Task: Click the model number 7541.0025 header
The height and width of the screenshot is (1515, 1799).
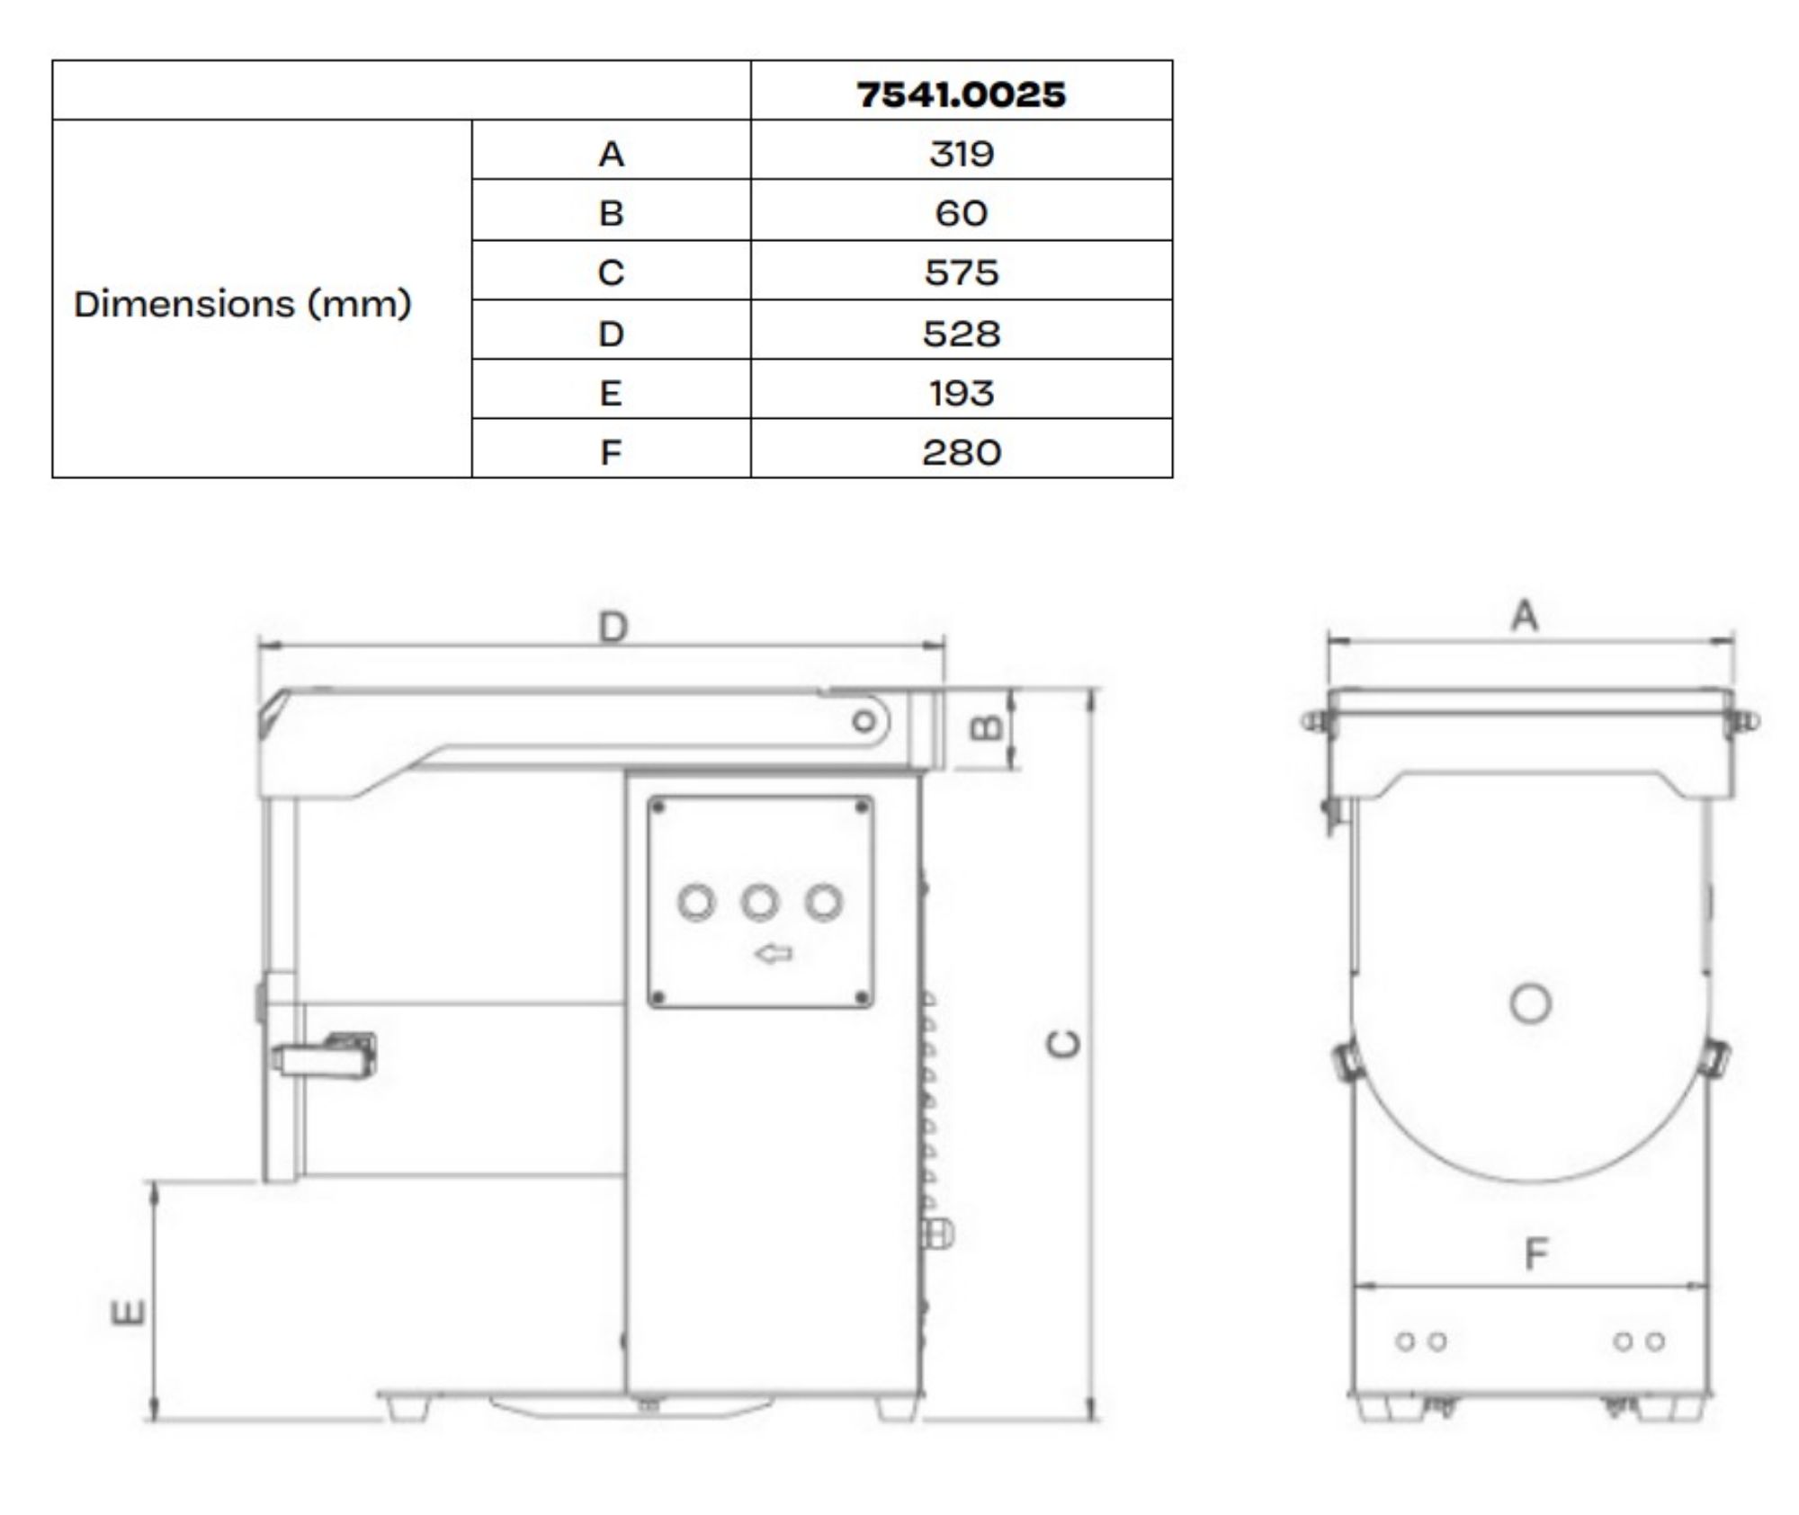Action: [x=961, y=94]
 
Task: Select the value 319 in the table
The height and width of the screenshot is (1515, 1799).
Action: [x=961, y=154]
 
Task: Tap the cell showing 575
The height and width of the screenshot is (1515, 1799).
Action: [x=961, y=272]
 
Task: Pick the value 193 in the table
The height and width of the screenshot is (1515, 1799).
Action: [x=961, y=393]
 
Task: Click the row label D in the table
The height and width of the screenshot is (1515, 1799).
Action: [x=611, y=334]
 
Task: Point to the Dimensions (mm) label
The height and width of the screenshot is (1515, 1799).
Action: [x=242, y=304]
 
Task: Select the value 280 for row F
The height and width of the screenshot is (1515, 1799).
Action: [x=961, y=451]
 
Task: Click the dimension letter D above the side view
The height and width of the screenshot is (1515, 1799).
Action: [x=613, y=627]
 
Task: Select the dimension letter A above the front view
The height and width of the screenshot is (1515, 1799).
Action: [x=1525, y=617]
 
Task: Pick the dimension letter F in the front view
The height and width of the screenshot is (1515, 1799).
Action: [x=1536, y=1252]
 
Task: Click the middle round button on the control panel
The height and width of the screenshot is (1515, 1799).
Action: [x=759, y=902]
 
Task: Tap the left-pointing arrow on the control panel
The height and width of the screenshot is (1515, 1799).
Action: [x=773, y=953]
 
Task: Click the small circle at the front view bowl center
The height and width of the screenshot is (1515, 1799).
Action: [x=1530, y=1003]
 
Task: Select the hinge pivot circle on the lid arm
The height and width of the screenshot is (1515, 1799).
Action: [x=864, y=721]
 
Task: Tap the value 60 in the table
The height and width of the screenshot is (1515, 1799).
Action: [x=961, y=213]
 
